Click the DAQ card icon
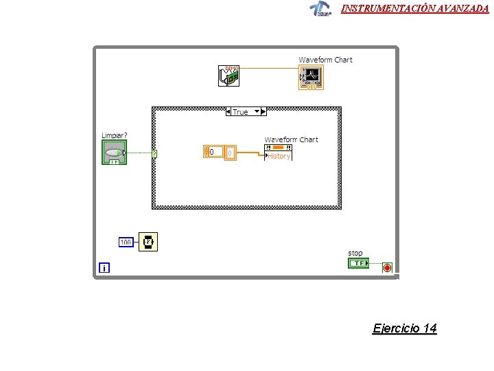click(230, 76)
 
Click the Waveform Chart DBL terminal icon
click(311, 78)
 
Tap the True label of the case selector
click(240, 112)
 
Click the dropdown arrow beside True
click(257, 111)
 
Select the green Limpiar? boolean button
click(115, 153)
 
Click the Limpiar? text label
click(115, 135)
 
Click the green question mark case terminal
click(154, 154)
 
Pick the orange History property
click(279, 156)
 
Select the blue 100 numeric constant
click(126, 242)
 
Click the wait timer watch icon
click(148, 242)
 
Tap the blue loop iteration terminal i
click(104, 267)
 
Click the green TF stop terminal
click(357, 263)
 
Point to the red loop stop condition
click(387, 267)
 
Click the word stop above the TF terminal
click(355, 253)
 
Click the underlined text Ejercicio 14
click(404, 328)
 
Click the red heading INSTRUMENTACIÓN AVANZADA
click(415, 8)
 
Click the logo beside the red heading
click(320, 9)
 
